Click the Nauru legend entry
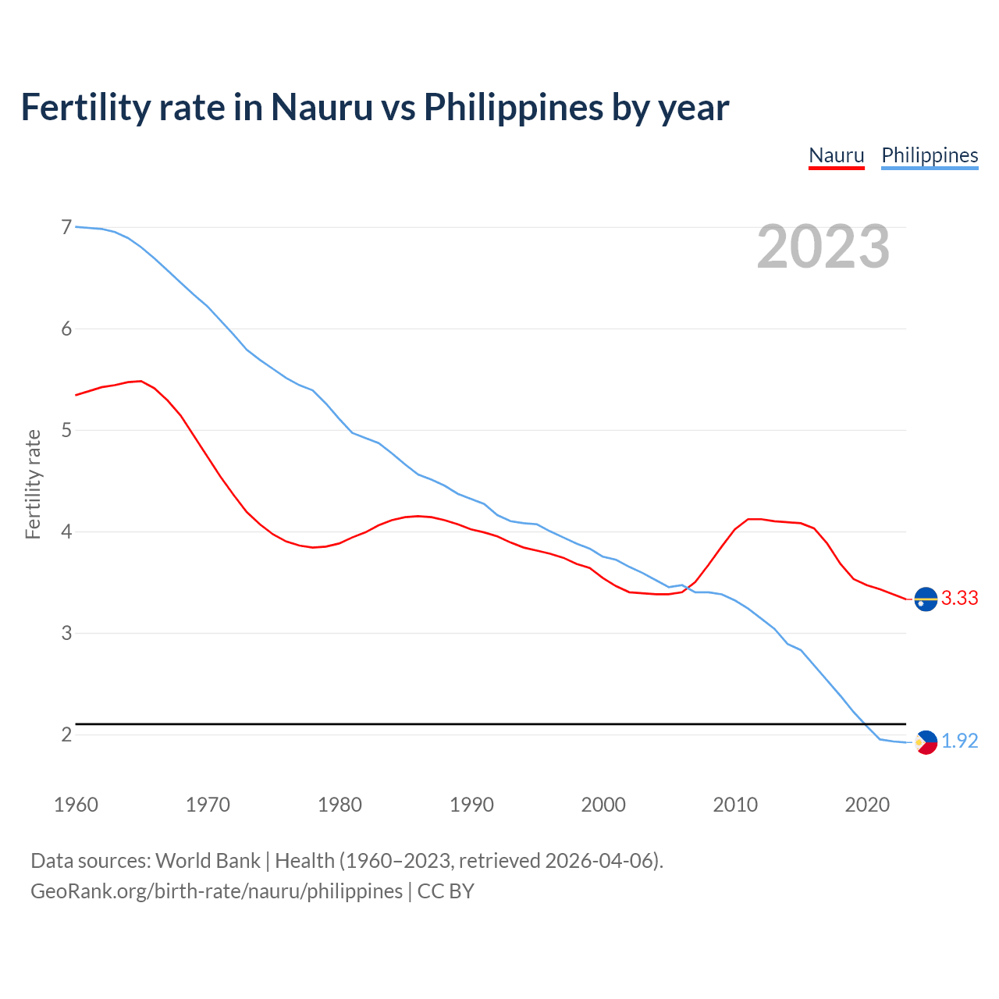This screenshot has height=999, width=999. [x=836, y=155]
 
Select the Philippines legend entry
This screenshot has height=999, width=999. [x=929, y=155]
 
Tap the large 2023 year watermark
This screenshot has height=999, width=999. [x=823, y=247]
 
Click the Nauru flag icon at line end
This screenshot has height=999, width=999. [x=926, y=599]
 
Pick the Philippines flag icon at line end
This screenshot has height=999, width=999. [x=926, y=742]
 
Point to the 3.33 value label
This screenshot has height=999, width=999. [x=959, y=598]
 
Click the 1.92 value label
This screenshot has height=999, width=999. [x=959, y=741]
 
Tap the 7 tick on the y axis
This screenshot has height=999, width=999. [x=66, y=227]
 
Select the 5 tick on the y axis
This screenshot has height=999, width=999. [x=66, y=430]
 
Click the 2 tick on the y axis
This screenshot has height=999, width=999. [x=66, y=734]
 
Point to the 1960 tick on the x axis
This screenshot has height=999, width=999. [x=76, y=805]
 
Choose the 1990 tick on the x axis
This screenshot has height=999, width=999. [x=471, y=805]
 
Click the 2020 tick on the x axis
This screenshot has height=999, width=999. [x=867, y=805]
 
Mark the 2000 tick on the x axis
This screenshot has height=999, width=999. [x=603, y=805]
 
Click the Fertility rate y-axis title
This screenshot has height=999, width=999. [x=33, y=484]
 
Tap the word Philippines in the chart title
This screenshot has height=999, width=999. [x=513, y=107]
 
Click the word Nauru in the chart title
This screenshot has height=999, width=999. [x=322, y=107]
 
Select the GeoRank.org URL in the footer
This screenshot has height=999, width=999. [x=216, y=891]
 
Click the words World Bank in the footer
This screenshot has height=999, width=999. [x=208, y=861]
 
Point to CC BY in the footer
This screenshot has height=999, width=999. [x=446, y=891]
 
